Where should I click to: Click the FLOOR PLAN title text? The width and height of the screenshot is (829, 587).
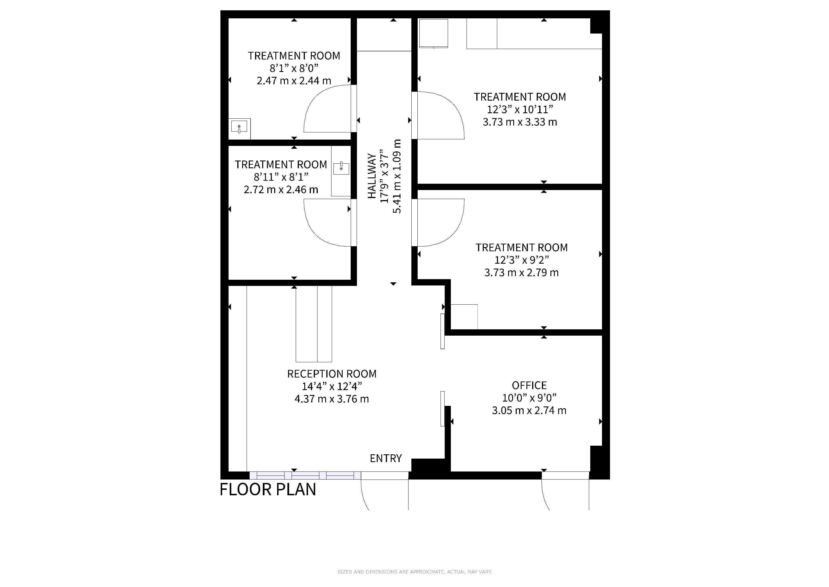(x=268, y=490)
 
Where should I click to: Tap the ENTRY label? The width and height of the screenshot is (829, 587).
(x=386, y=458)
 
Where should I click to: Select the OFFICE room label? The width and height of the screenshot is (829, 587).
(x=529, y=385)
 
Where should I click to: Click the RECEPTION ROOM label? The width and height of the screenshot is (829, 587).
(x=332, y=374)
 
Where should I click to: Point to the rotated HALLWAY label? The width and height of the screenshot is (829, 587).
(x=372, y=176)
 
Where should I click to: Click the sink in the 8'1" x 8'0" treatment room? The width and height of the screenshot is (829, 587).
(x=239, y=127)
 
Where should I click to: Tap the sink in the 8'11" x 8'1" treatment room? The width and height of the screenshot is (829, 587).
(x=341, y=168)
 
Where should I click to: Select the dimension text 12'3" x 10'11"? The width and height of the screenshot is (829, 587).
(x=520, y=109)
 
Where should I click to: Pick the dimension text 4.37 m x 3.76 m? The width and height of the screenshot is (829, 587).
(x=332, y=399)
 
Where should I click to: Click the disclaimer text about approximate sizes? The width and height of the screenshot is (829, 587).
(x=414, y=572)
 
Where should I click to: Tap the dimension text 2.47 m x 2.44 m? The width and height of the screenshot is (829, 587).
(x=294, y=81)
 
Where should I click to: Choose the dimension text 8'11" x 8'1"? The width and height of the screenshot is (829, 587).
(x=281, y=177)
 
